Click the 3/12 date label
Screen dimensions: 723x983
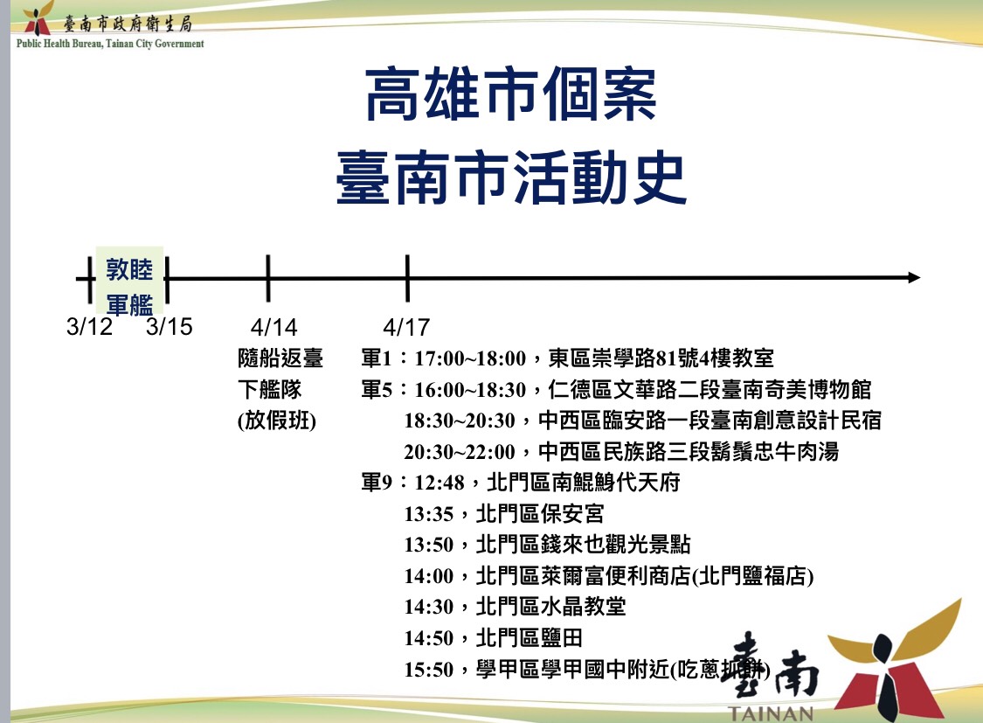tap(90, 327)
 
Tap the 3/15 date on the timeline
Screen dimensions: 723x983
tap(169, 327)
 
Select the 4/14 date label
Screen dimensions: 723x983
tap(273, 327)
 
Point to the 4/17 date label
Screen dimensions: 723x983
tap(406, 327)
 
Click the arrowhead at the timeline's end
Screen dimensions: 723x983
tap(913, 278)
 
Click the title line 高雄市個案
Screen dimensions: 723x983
tap(510, 95)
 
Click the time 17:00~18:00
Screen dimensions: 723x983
tap(470, 358)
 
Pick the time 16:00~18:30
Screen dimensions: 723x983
tap(470, 389)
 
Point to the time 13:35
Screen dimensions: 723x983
tap(429, 514)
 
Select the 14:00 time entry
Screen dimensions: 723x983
tap(429, 576)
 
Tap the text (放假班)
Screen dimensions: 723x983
tap(277, 421)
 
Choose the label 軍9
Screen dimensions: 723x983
tap(378, 483)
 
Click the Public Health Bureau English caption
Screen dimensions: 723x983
tap(110, 43)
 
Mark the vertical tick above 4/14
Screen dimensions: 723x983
tap(268, 278)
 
